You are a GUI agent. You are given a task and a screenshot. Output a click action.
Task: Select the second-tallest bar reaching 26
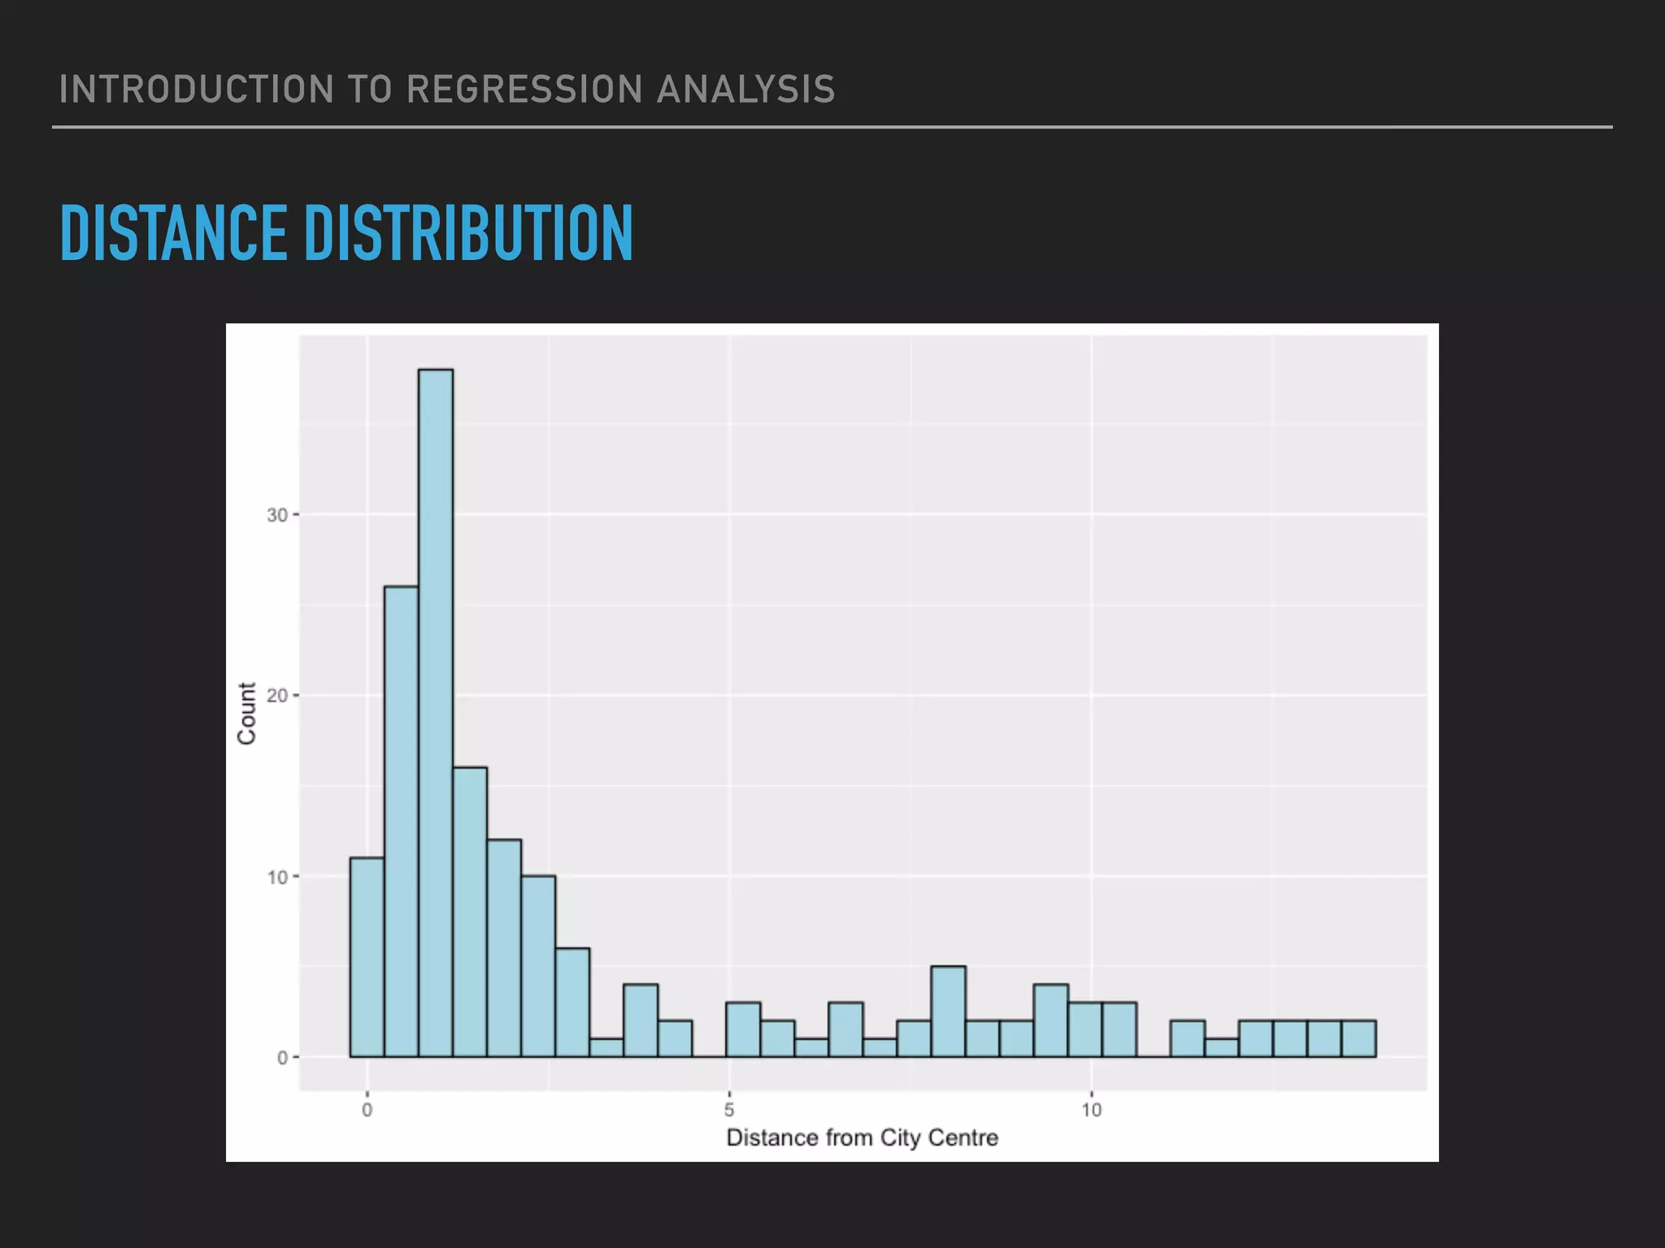401,821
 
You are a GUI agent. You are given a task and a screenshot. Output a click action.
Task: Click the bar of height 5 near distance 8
948,1012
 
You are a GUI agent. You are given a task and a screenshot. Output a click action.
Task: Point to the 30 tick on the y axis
277,515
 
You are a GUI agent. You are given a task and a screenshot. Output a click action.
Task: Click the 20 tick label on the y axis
277,696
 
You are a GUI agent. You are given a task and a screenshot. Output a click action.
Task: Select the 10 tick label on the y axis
277,877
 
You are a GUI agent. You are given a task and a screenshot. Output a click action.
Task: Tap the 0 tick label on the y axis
282,1058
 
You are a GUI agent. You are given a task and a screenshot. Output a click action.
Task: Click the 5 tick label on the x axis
729,1110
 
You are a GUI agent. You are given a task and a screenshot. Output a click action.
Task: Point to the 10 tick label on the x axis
1091,1110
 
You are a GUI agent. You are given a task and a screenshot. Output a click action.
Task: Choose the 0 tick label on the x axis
367,1110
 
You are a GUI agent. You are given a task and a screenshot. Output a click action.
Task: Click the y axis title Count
246,713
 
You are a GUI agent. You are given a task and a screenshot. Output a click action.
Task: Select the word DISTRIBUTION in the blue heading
468,233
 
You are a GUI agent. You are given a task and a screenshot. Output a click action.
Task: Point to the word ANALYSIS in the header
746,89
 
